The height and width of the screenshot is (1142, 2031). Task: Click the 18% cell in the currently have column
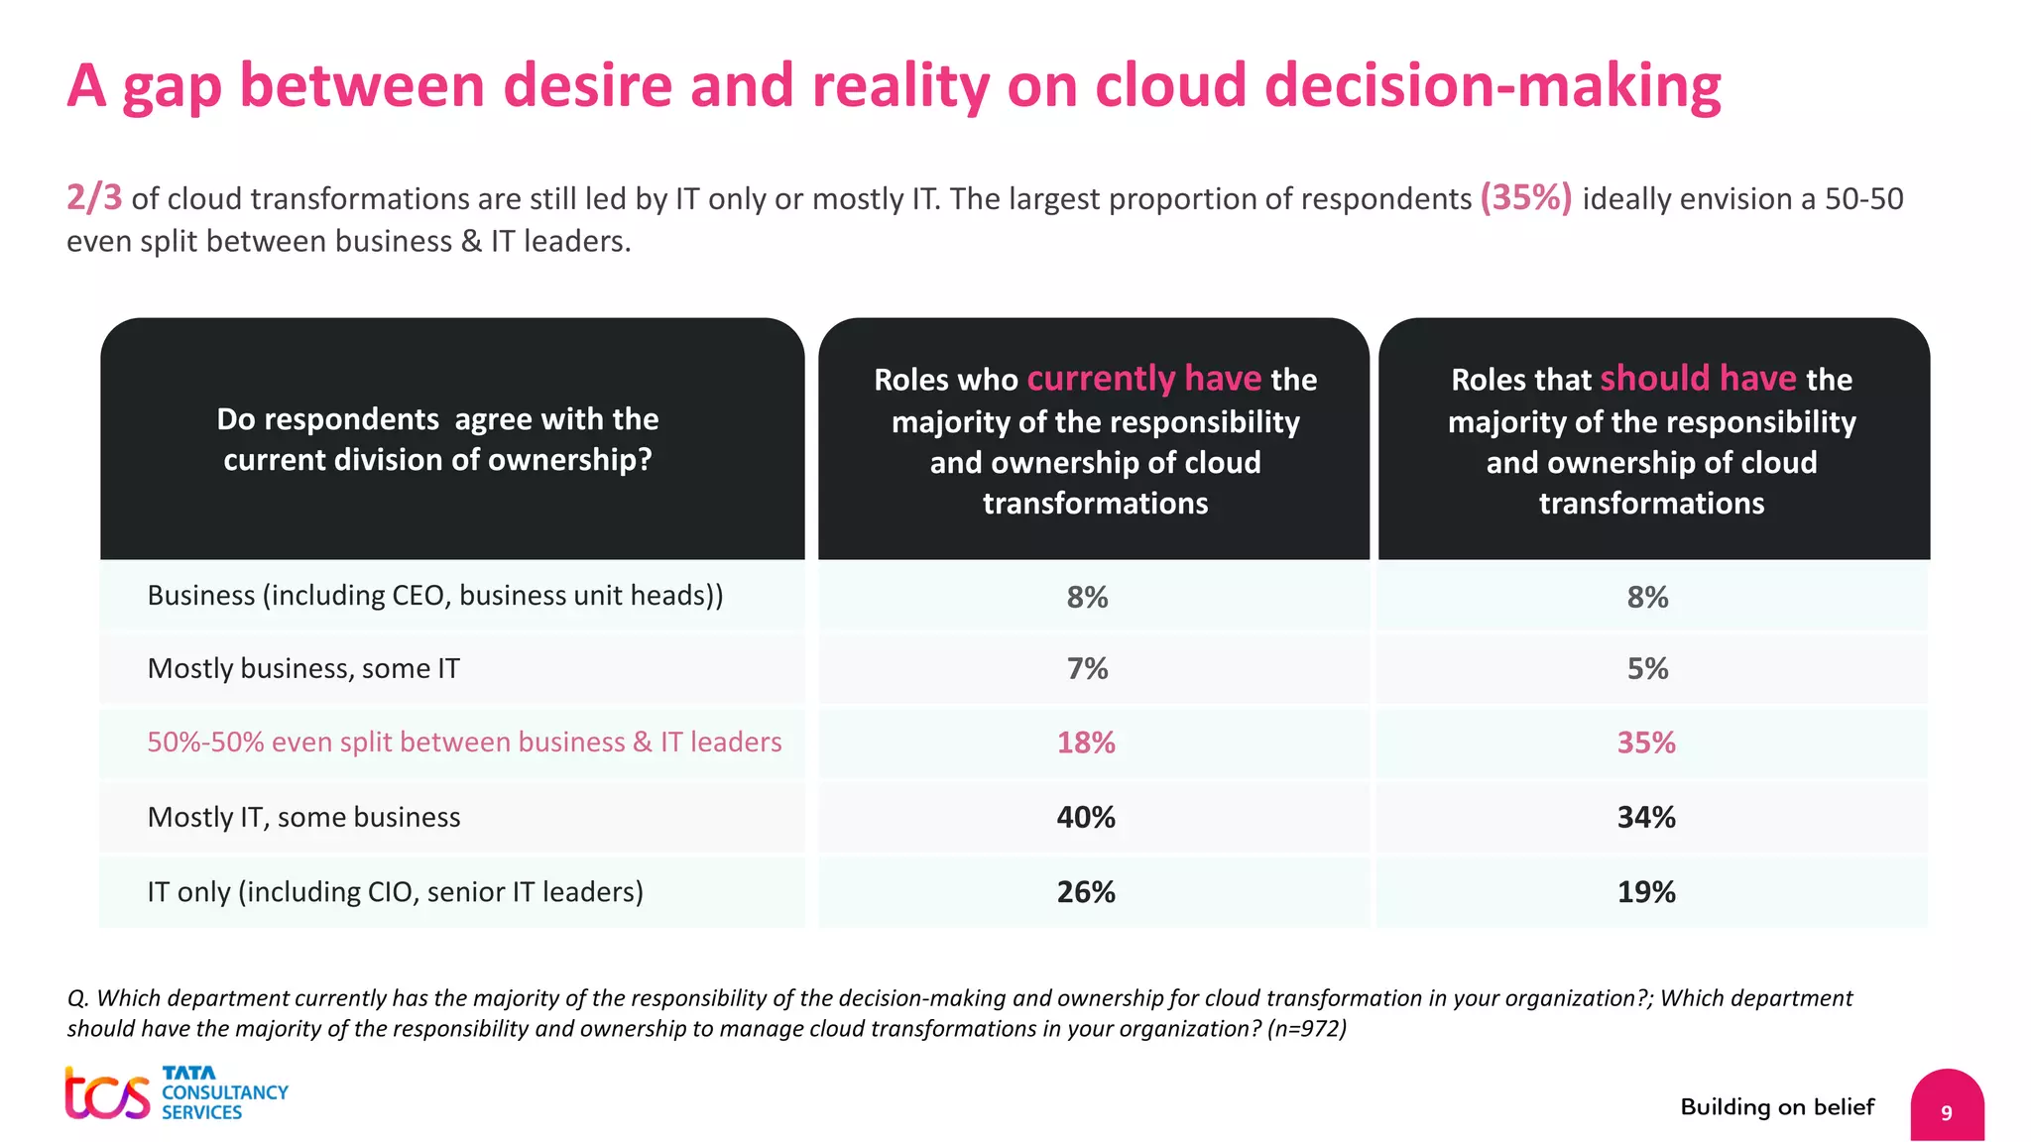1086,742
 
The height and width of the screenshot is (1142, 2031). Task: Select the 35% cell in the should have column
1646,742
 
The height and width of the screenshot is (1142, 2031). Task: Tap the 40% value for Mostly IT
1086,817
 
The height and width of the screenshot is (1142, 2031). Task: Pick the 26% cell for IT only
1086,892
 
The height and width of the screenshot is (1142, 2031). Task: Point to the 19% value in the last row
1646,892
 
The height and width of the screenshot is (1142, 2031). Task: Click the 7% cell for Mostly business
1087,669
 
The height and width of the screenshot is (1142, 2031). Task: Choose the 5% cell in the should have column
1647,669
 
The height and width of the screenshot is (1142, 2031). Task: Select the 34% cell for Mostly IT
1646,817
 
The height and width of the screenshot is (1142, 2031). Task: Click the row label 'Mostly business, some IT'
303,669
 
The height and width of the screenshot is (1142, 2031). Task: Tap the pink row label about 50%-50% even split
464,742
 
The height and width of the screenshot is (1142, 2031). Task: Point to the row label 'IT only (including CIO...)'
395,892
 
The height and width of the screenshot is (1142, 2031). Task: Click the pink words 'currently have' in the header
1143,379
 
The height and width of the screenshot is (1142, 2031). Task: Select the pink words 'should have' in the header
1698,379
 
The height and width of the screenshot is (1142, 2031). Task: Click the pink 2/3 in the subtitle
94,197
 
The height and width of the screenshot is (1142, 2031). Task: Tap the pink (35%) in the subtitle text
1525,197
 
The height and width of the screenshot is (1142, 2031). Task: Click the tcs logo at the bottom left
107,1093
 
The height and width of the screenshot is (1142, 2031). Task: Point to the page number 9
1946,1112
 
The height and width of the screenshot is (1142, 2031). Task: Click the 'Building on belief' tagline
1777,1107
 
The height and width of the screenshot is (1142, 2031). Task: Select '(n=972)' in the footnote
1306,1029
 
